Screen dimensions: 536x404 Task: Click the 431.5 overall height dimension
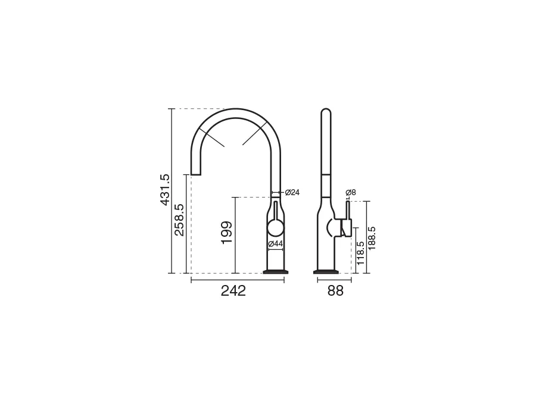click(165, 190)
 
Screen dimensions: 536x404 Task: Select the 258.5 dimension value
click(179, 220)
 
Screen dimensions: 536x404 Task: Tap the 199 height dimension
click(227, 233)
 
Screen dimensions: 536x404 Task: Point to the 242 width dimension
click(233, 290)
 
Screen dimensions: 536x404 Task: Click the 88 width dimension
click(335, 290)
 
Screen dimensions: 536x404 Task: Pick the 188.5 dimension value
click(372, 238)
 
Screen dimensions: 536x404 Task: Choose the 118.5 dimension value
click(360, 253)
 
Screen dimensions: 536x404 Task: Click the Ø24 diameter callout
click(292, 192)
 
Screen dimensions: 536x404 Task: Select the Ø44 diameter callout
click(276, 244)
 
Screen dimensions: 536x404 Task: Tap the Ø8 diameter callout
click(350, 192)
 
